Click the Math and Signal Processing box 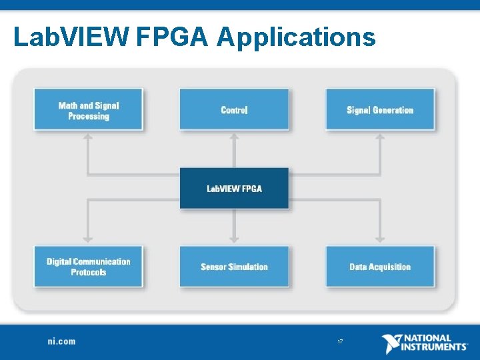tap(88, 110)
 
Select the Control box tap(234, 110)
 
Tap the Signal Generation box tap(380, 110)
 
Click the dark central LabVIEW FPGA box tap(234, 189)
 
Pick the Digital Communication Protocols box tap(88, 267)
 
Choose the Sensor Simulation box tap(234, 267)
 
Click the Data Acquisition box tap(380, 267)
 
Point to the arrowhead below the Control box tap(234, 137)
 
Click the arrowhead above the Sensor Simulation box tap(234, 238)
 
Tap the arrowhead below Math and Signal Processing tap(87, 137)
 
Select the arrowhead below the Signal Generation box tap(380, 137)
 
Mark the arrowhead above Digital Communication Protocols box tap(87, 238)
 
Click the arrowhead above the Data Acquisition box tap(380, 238)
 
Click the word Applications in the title tap(296, 37)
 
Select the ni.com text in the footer tap(61, 341)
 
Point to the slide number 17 tap(340, 342)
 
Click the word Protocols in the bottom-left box tap(88, 272)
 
